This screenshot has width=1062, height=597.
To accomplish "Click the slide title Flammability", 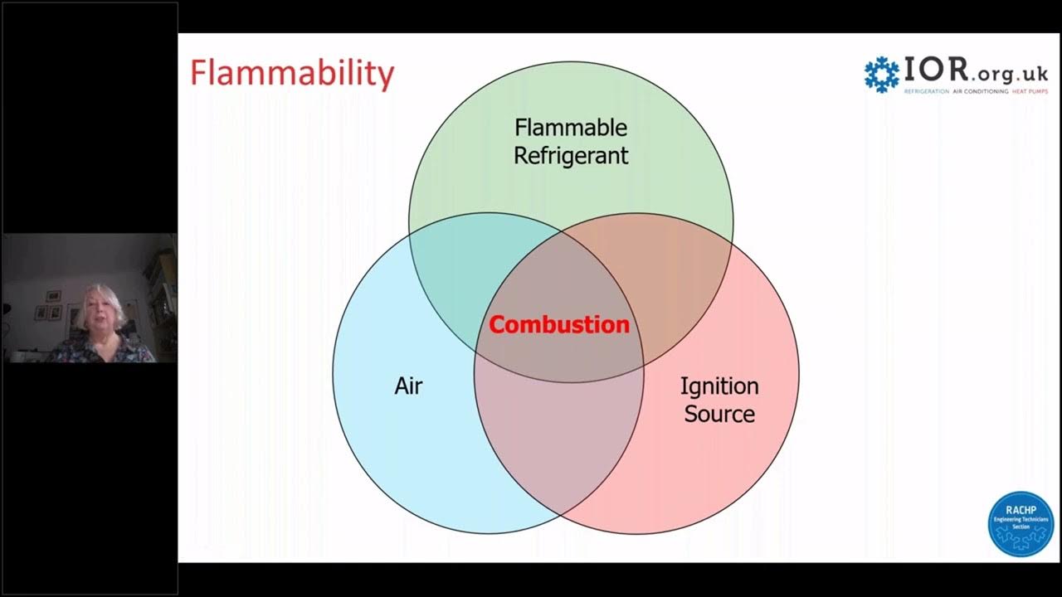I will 292,73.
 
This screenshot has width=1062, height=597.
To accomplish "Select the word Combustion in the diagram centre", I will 558,325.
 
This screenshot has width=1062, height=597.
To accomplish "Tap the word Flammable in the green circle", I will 571,128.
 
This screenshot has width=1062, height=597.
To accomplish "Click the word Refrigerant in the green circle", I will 571,155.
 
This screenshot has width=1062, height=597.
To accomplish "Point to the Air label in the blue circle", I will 408,386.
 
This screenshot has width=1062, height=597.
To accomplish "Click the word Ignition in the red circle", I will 719,386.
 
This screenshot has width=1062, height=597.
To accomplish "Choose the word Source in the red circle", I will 719,414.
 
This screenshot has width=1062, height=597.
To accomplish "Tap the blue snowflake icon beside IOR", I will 881,74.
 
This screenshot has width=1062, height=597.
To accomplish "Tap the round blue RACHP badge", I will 1021,524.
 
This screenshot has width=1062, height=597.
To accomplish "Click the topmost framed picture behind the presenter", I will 53,295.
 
